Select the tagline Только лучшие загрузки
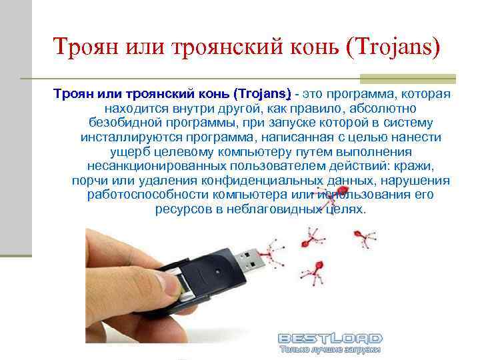pos(329,349)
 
